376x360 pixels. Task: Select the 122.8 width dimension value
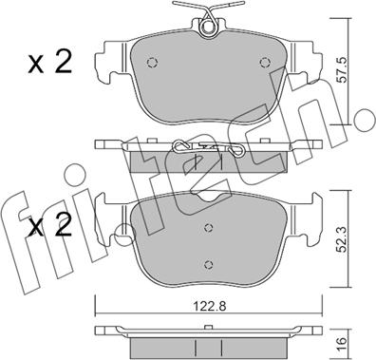click(x=210, y=306)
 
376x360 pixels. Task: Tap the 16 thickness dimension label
click(x=341, y=341)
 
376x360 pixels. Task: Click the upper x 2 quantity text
click(x=50, y=63)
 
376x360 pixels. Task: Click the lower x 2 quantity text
click(x=50, y=225)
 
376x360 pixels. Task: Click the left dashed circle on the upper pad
click(x=152, y=63)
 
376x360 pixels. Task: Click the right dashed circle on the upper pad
click(x=264, y=63)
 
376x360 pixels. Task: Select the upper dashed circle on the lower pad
click(x=208, y=227)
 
